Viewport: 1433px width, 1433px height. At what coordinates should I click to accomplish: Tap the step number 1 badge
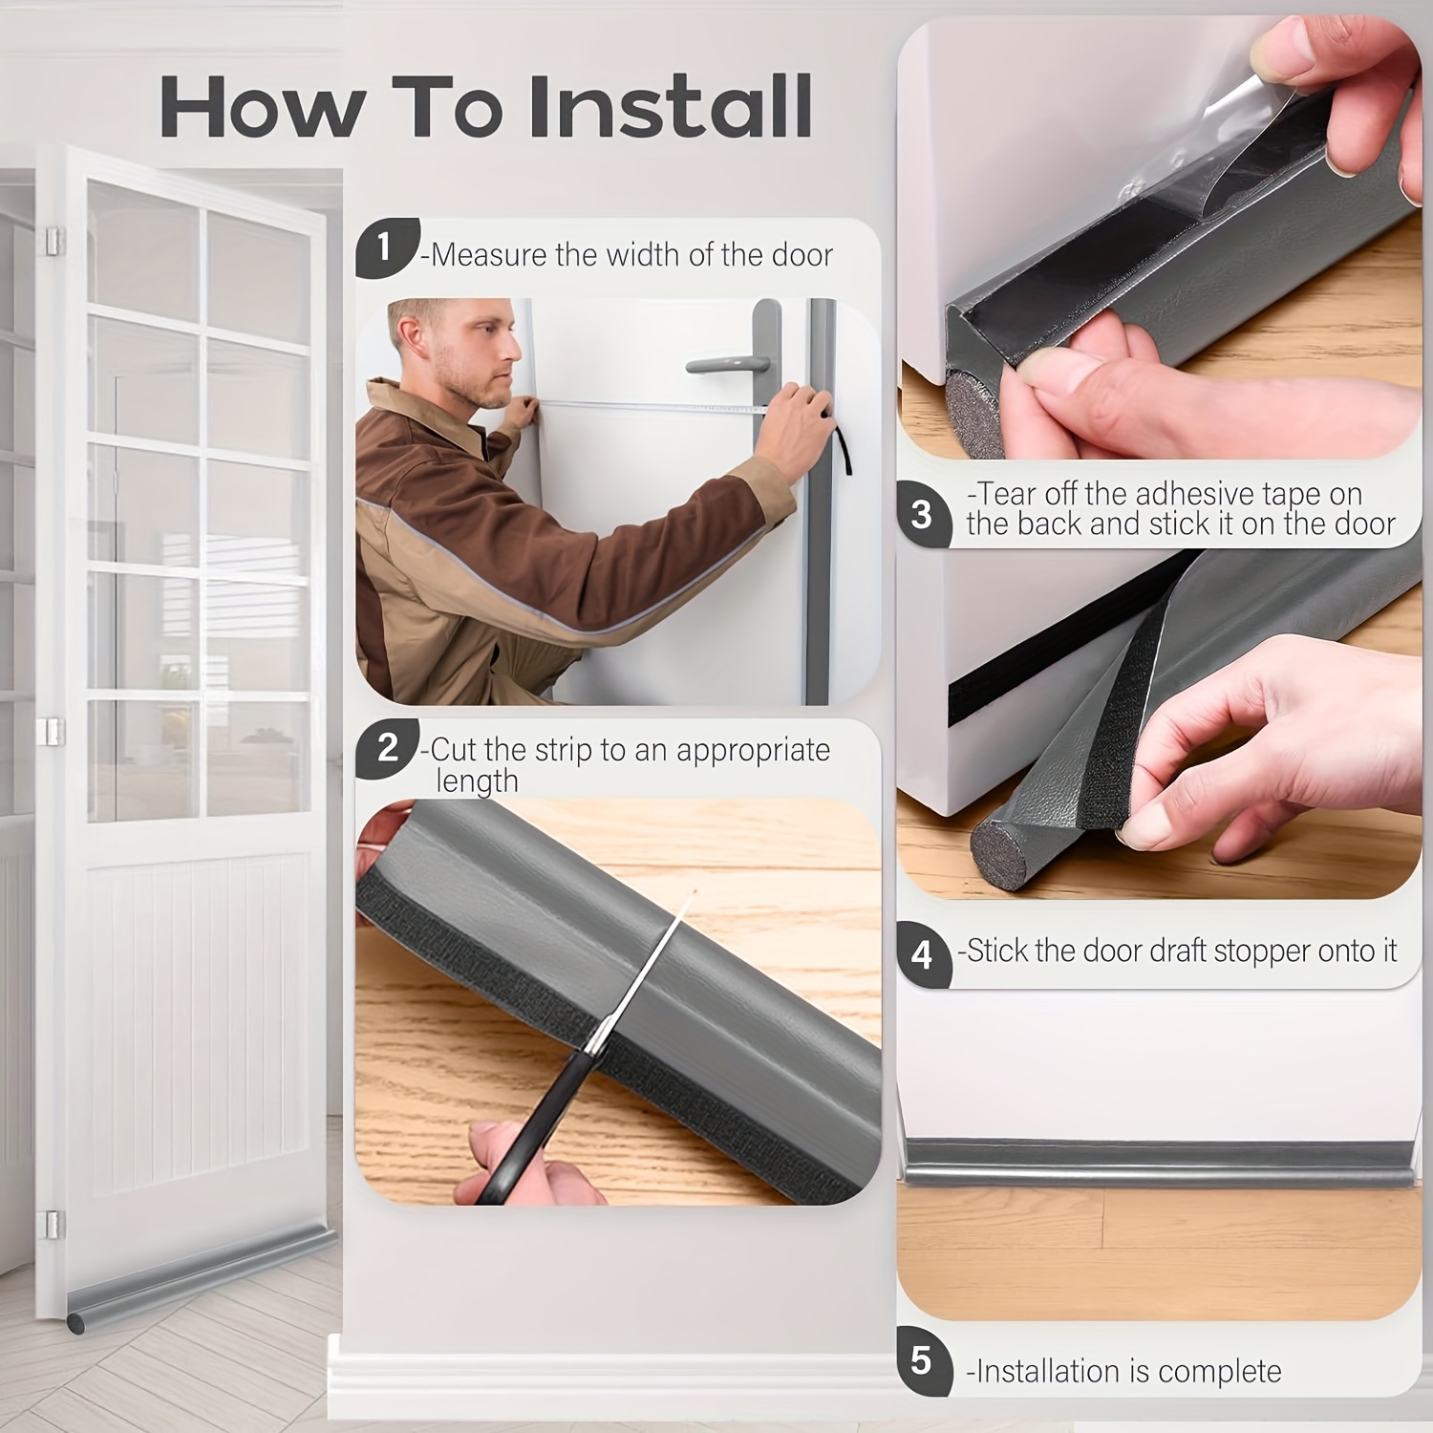coord(386,247)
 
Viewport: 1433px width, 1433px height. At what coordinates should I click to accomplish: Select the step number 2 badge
coord(386,747)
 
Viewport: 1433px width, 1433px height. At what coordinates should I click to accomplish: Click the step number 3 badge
coord(923,515)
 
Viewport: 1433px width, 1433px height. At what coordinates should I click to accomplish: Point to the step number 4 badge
coord(923,953)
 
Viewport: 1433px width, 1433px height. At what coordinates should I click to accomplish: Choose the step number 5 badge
coord(923,1359)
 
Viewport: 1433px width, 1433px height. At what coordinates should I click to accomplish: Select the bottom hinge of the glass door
coord(53,1224)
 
